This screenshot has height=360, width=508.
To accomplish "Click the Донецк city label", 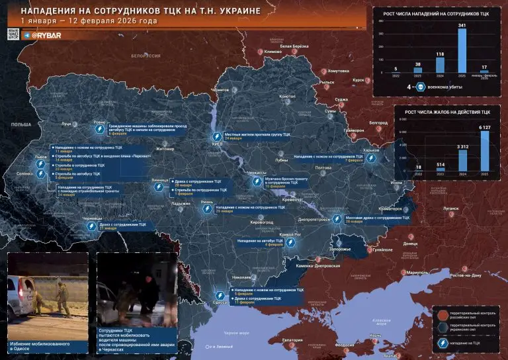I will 411,244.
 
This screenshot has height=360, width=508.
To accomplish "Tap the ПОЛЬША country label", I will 21,124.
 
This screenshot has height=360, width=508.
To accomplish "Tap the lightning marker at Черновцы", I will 92,226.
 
